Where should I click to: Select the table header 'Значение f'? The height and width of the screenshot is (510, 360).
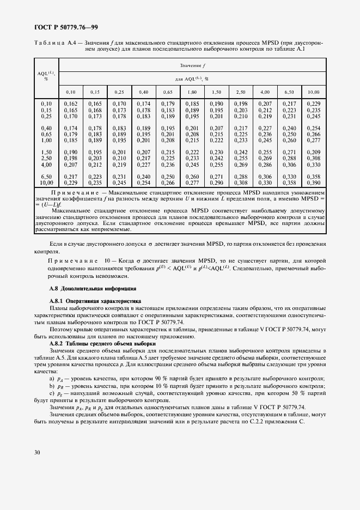click(190, 66)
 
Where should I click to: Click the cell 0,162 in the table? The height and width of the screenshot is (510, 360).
click(71, 104)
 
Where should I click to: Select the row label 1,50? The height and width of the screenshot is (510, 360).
click(46, 152)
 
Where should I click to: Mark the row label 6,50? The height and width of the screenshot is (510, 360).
click(46, 176)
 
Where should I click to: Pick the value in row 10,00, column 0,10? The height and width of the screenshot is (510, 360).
click(71, 181)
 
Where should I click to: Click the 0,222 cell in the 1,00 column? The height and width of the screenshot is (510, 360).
click(192, 152)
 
